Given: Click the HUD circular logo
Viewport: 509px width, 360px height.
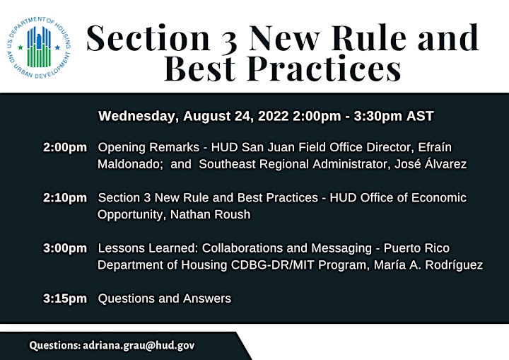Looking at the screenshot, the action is pyautogui.click(x=38, y=47).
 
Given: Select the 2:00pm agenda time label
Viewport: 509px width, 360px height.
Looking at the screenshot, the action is pyautogui.click(x=65, y=148).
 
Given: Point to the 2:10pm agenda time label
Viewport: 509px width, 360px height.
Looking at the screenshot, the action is pyautogui.click(x=65, y=198).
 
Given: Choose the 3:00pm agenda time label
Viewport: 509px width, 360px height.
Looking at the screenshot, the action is pyautogui.click(x=65, y=248).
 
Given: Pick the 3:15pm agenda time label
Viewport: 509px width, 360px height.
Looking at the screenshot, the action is pyautogui.click(x=65, y=298).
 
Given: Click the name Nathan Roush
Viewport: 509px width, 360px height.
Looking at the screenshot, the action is pyautogui.click(x=211, y=214).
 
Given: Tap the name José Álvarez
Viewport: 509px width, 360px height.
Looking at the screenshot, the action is pyautogui.click(x=431, y=164).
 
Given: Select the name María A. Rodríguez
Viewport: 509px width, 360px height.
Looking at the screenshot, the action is pyautogui.click(x=428, y=265).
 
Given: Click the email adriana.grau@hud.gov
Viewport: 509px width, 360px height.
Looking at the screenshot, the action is pyautogui.click(x=139, y=345).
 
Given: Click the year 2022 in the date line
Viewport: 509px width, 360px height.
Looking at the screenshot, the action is pyautogui.click(x=274, y=116).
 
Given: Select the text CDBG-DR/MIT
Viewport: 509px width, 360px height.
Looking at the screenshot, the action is pyautogui.click(x=273, y=265).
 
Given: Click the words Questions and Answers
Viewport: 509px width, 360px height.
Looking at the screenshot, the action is pyautogui.click(x=165, y=298).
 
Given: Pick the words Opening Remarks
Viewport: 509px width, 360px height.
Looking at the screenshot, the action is pyautogui.click(x=148, y=148).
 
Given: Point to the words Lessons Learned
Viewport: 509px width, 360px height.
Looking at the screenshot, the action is pyautogui.click(x=148, y=248).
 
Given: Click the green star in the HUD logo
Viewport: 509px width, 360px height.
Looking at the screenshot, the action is pyautogui.click(x=21, y=47).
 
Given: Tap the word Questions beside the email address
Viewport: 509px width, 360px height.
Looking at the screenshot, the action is pyautogui.click(x=55, y=345).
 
